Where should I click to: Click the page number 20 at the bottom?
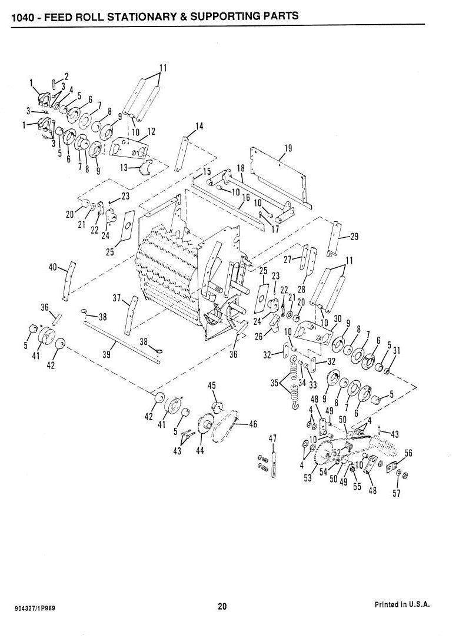tap(222, 607)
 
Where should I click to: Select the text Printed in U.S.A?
tap(401, 604)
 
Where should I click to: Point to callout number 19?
tap(288, 148)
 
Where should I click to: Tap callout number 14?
tap(199, 127)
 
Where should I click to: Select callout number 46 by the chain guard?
tap(252, 424)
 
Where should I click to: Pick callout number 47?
tap(272, 438)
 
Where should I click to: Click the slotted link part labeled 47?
tap(274, 464)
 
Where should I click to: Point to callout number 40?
tap(53, 267)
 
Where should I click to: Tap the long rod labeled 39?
tap(122, 341)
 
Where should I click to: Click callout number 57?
tap(397, 493)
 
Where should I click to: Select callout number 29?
tap(354, 237)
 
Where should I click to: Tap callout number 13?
tap(124, 168)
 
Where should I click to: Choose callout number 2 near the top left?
tap(66, 76)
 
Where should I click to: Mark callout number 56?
tap(408, 453)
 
